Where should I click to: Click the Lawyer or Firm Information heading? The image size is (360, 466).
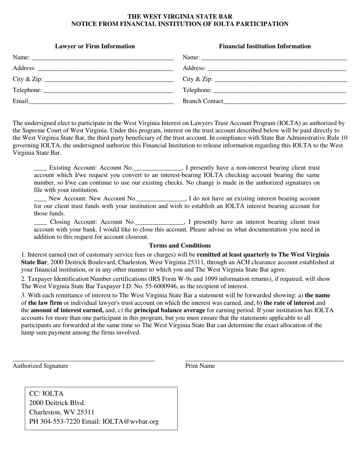click(95, 46)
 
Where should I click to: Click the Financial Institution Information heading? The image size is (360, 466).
click(265, 46)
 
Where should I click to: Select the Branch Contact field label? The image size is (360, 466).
click(203, 101)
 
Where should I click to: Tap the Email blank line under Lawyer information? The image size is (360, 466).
click(101, 102)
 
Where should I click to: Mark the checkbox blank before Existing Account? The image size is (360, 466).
click(40, 168)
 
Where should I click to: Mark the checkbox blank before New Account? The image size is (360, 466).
click(40, 199)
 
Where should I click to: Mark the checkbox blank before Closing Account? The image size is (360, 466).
click(40, 222)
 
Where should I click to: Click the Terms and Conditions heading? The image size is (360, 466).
click(180, 246)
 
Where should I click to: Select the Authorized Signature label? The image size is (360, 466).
click(41, 366)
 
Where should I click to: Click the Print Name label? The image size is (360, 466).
click(200, 366)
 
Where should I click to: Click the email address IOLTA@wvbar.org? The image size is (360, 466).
click(131, 421)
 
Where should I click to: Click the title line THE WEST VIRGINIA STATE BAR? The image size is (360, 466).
click(180, 17)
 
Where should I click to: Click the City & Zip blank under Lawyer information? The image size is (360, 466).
click(109, 80)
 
